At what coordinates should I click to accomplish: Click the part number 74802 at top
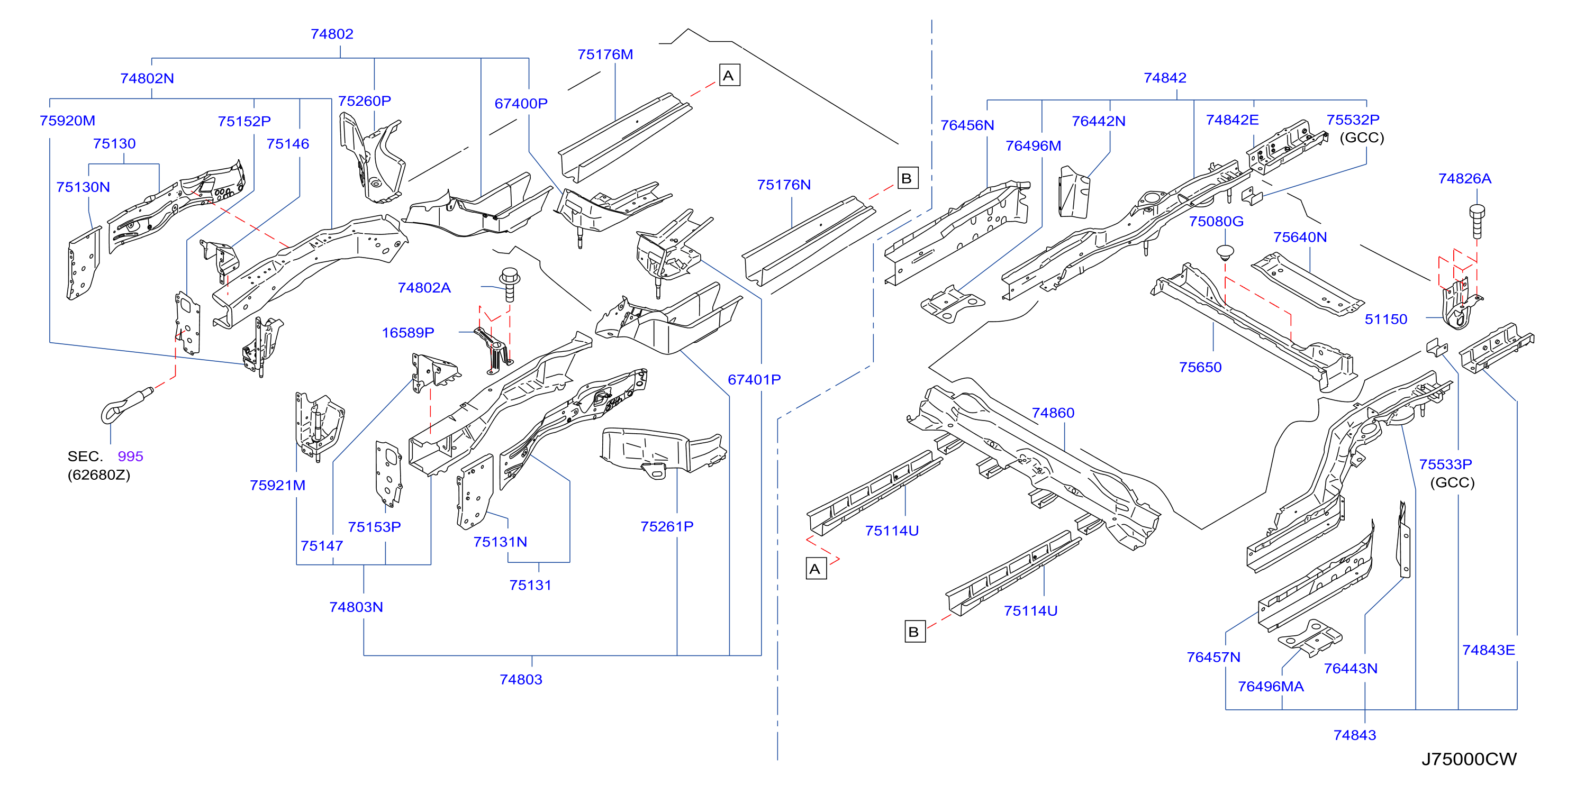pos(332,34)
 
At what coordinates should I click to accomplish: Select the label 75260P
pos(364,101)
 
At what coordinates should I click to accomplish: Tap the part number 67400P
pos(521,103)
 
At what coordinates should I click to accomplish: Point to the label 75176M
pos(605,54)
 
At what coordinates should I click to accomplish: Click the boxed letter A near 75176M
pos(729,75)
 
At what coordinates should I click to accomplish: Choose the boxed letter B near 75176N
pos(908,178)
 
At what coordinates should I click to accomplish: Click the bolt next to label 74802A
pos(510,283)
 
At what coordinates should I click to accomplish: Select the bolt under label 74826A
pos(1476,222)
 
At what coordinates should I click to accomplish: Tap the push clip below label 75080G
pos(1225,253)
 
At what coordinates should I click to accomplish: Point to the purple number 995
pos(130,457)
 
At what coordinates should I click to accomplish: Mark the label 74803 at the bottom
pos(521,679)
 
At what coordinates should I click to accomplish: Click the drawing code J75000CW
pos(1469,759)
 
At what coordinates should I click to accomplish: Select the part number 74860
pos(1053,413)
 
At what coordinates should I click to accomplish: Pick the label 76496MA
pos(1271,687)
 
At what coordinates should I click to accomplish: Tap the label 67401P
pos(754,380)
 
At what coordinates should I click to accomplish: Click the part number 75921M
pos(277,486)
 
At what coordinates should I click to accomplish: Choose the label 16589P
pos(408,333)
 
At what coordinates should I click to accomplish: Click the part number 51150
pos(1385,320)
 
